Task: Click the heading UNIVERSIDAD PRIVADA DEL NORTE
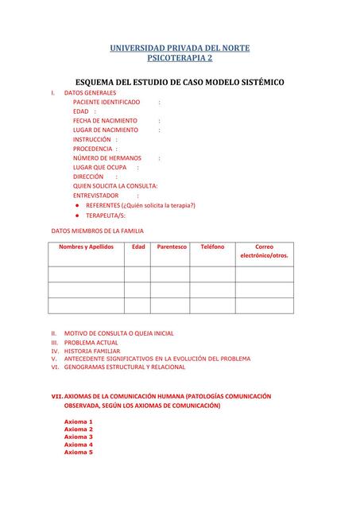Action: tap(180, 48)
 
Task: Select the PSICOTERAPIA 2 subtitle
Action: tap(180, 58)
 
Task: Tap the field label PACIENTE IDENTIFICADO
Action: tap(106, 103)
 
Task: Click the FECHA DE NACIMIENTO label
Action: tap(105, 121)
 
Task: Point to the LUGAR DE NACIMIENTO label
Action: tap(105, 130)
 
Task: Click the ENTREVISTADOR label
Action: tap(95, 195)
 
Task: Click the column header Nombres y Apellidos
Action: tap(86, 247)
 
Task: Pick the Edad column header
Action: tap(138, 247)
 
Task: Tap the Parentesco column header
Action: tap(172, 247)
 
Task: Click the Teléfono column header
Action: tap(212, 247)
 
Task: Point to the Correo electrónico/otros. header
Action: tap(264, 251)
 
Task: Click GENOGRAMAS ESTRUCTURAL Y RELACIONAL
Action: tap(125, 367)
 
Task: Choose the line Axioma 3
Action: tap(79, 437)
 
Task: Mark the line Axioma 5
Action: tap(79, 452)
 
